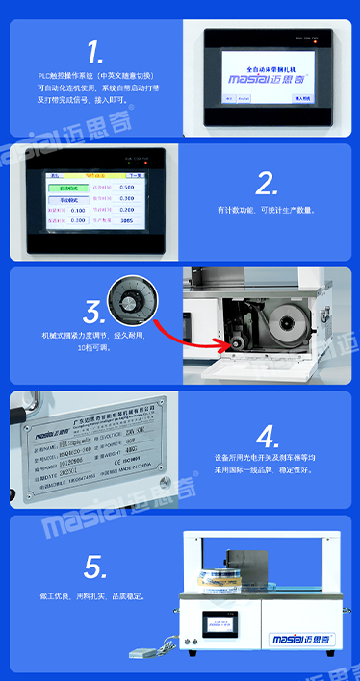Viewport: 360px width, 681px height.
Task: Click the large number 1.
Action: (94, 52)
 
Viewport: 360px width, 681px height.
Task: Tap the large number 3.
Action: (93, 312)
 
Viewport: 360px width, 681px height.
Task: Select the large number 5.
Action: (93, 566)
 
